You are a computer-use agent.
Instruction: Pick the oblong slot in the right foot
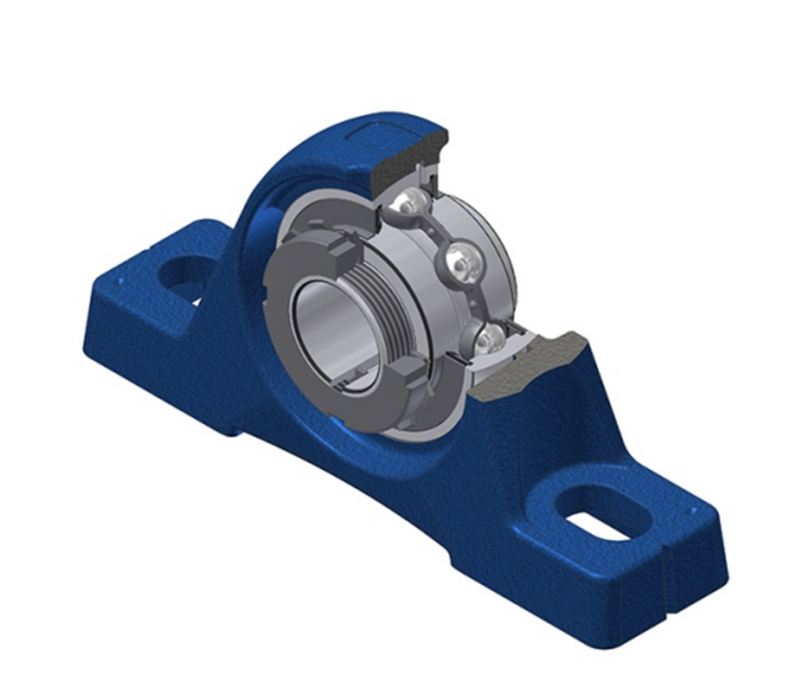[x=603, y=513]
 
